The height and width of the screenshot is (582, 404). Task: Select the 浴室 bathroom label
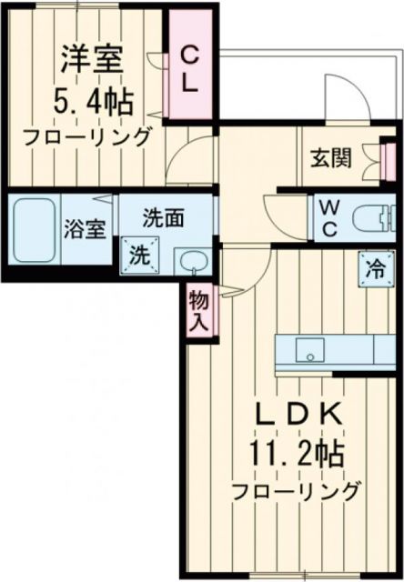[84, 229]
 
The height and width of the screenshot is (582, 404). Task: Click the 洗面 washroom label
[164, 218]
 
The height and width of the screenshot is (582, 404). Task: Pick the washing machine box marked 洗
[141, 254]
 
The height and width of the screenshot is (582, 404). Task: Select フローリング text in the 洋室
[87, 138]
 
